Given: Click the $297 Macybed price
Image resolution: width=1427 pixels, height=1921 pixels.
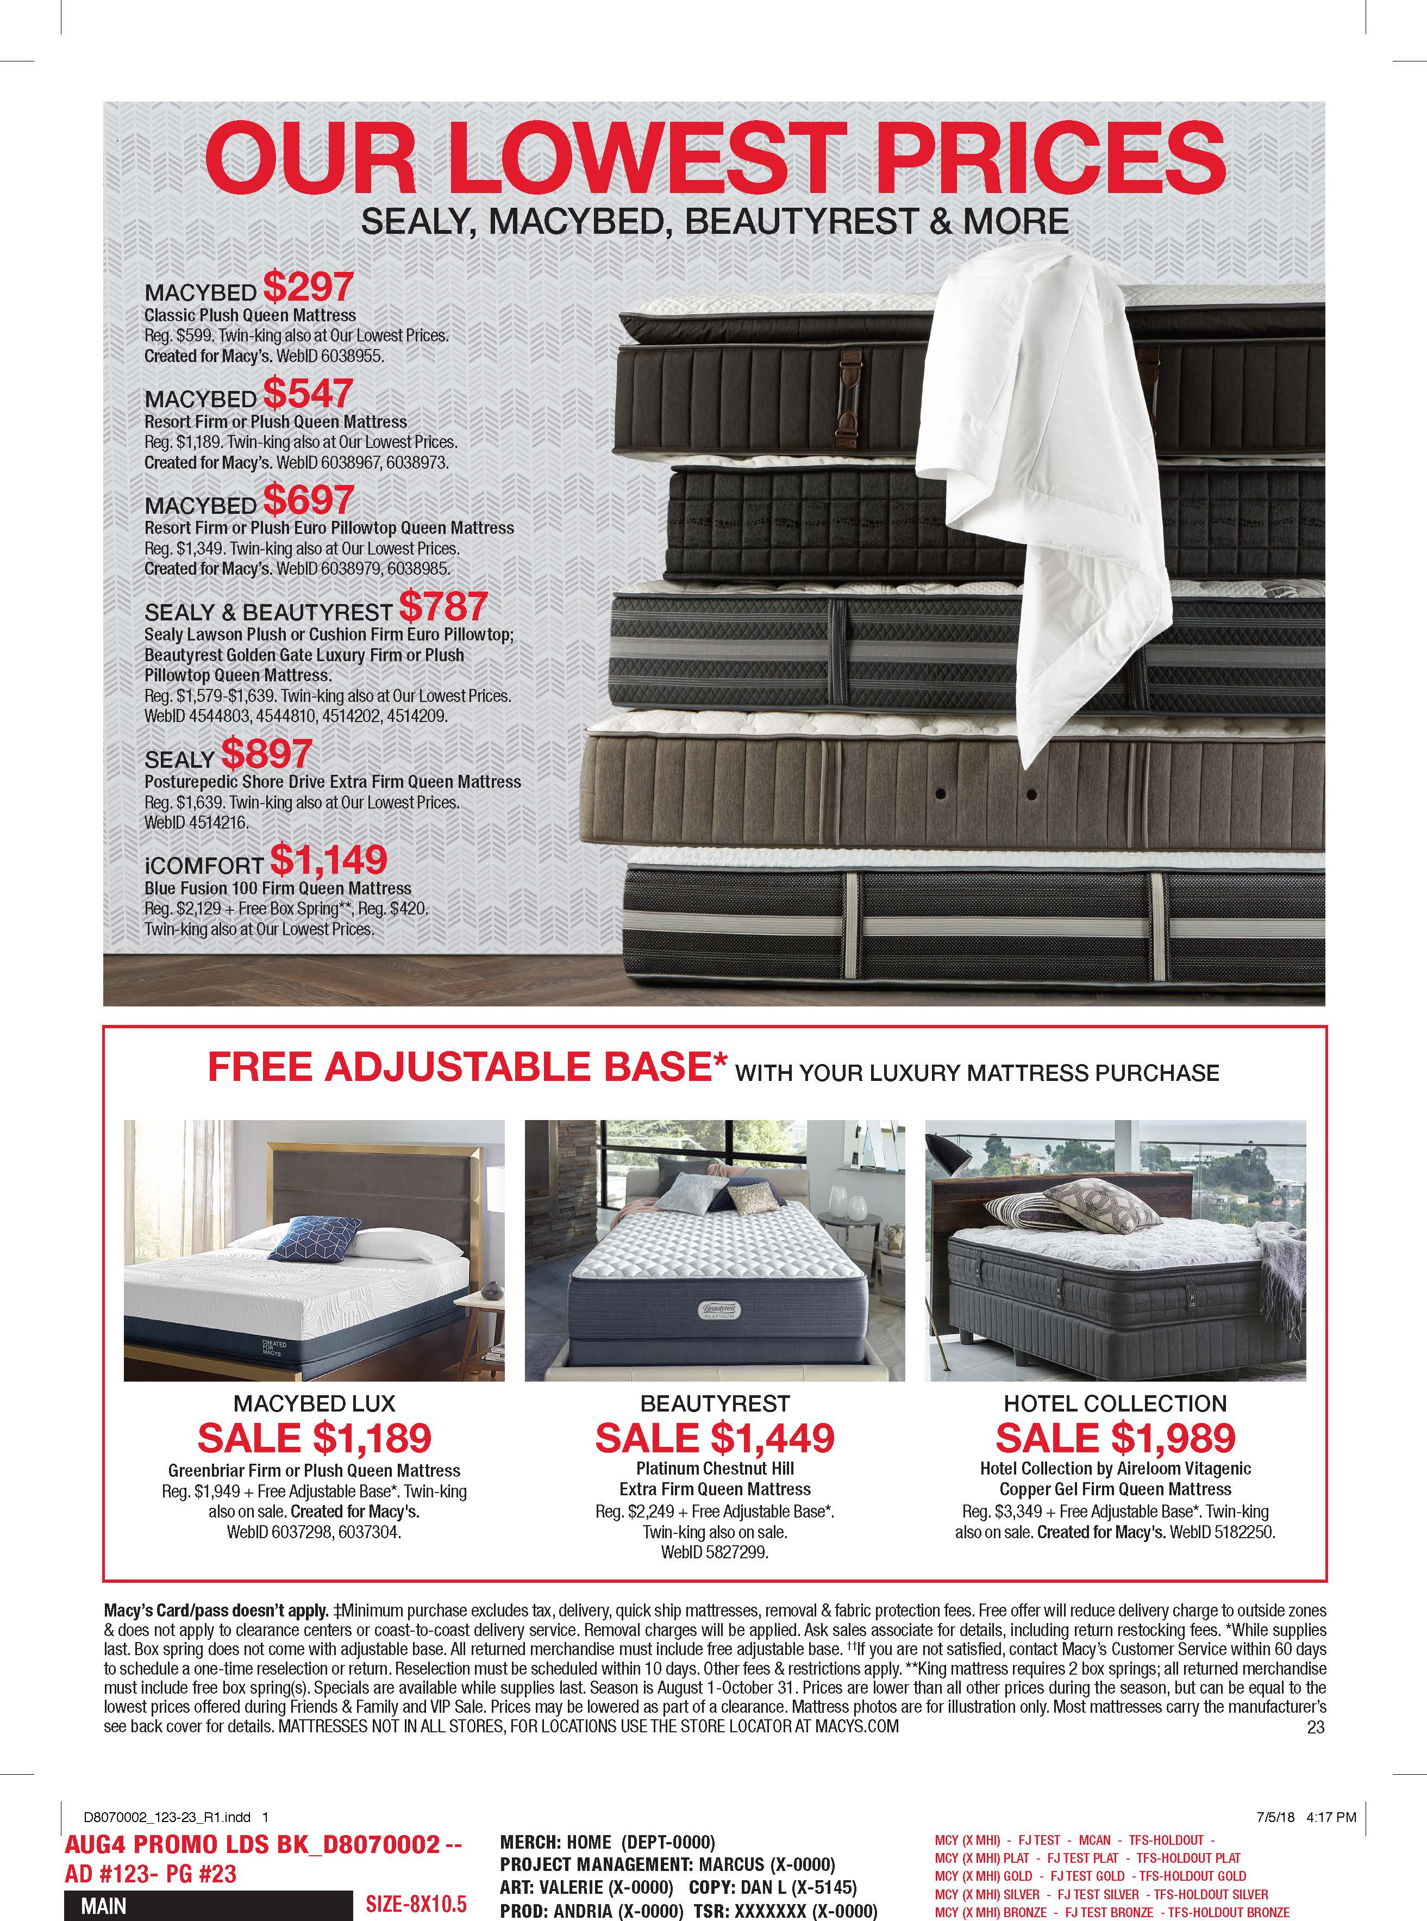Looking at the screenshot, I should pos(308,288).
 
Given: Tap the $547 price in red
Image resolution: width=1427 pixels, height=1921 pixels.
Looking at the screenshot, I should pos(308,394).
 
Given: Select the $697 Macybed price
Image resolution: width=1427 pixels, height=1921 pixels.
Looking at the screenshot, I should pos(308,500).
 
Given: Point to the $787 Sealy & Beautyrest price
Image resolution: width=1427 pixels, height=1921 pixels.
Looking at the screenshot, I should pos(443,607).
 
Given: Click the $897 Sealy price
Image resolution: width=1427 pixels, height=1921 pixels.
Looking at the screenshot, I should pos(266,754).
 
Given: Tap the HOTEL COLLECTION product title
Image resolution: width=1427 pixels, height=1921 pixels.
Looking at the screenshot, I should pos(1115,1403).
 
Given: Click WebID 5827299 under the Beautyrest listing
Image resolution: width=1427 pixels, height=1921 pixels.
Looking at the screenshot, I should pos(715,1552).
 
